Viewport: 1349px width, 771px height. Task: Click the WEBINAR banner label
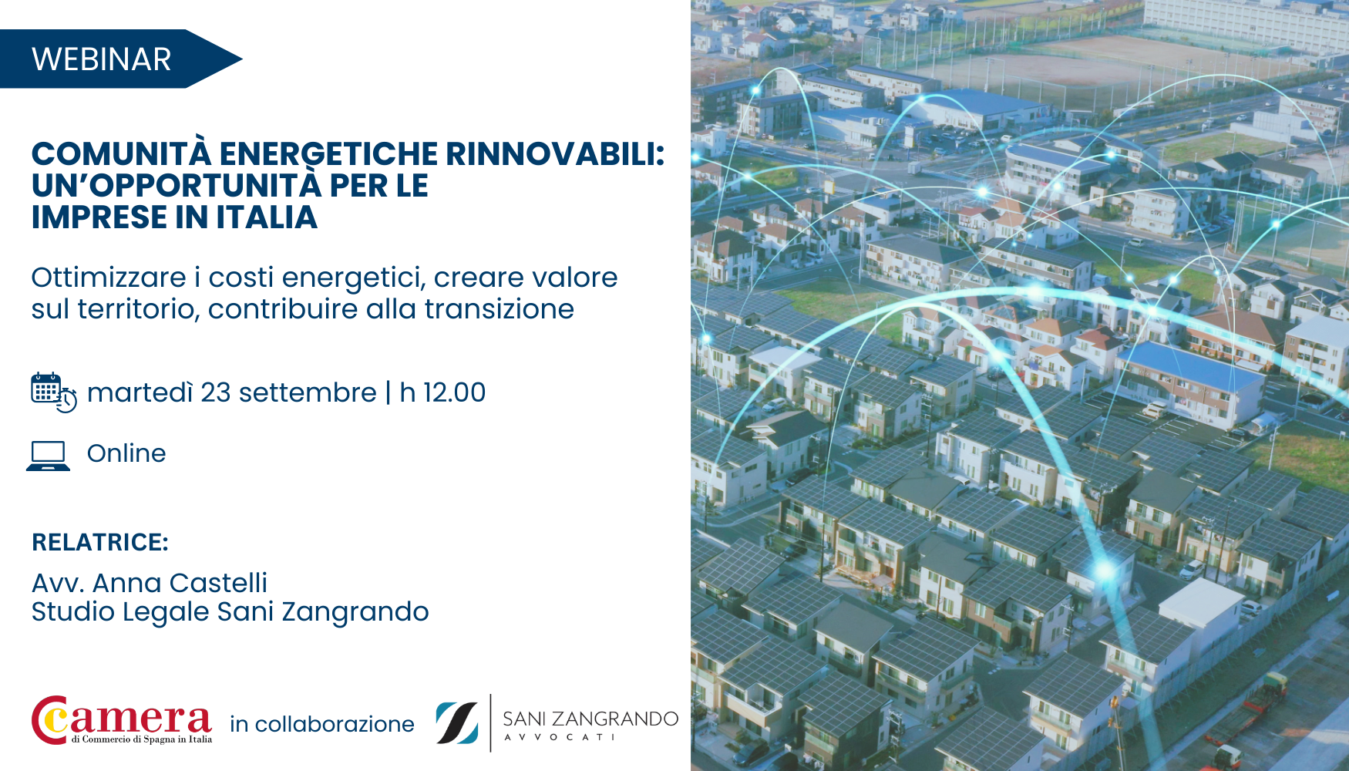pyautogui.click(x=101, y=59)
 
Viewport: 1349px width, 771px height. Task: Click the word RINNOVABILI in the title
pyautogui.click(x=555, y=153)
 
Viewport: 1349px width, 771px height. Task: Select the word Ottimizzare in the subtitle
pyautogui.click(x=109, y=278)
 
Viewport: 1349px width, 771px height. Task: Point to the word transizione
pyautogui.click(x=500, y=309)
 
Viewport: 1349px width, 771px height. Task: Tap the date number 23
pyautogui.click(x=216, y=392)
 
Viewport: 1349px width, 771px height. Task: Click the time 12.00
pyautogui.click(x=455, y=392)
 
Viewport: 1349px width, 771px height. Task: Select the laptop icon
pyautogui.click(x=48, y=456)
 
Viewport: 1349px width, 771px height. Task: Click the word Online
pyautogui.click(x=126, y=453)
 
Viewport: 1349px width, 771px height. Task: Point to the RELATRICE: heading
pyautogui.click(x=100, y=542)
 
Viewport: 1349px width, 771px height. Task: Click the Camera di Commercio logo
pyautogui.click(x=122, y=720)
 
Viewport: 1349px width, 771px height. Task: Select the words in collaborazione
pyautogui.click(x=322, y=724)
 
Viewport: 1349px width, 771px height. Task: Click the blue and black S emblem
pyautogui.click(x=457, y=722)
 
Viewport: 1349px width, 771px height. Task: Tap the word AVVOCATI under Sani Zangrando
pyautogui.click(x=560, y=737)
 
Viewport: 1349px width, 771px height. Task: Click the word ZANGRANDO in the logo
pyautogui.click(x=615, y=719)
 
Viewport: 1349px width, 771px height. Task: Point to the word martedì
pyautogui.click(x=140, y=392)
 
